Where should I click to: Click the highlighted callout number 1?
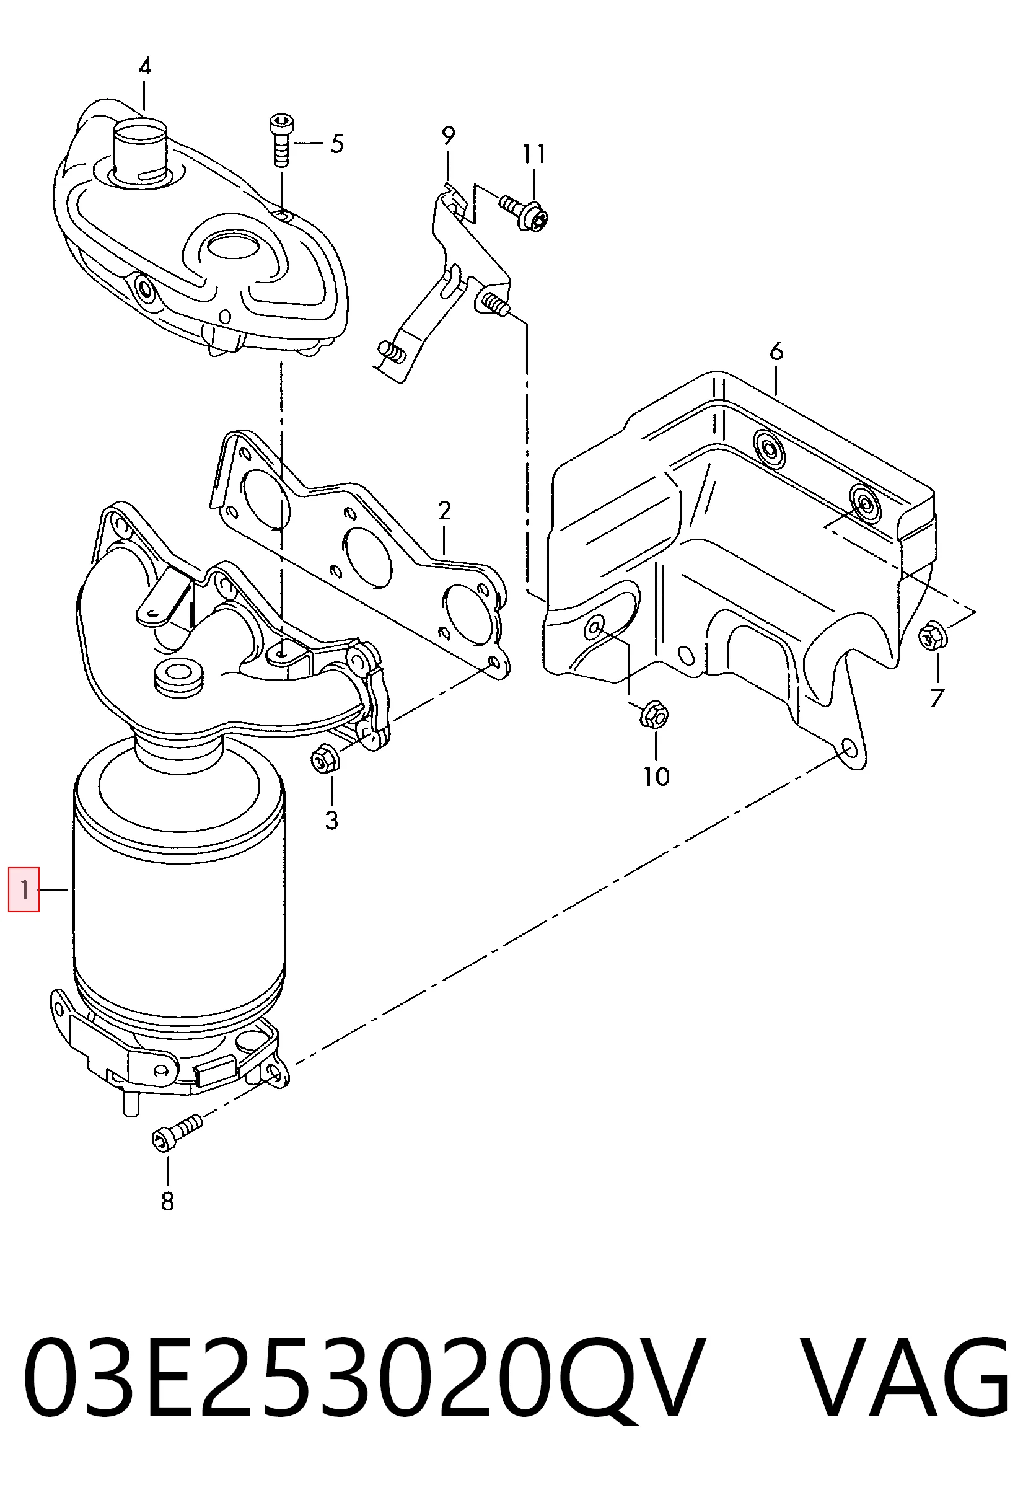click(24, 889)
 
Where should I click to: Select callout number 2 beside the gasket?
click(444, 511)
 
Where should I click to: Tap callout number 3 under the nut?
click(331, 821)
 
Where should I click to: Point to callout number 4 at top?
click(145, 66)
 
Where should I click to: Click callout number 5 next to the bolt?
click(336, 144)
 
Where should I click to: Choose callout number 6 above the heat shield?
click(776, 351)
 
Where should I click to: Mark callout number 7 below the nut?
click(936, 697)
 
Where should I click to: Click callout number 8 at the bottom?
click(167, 1201)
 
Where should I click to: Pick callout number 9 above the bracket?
click(449, 136)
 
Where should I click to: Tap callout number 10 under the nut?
click(656, 776)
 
